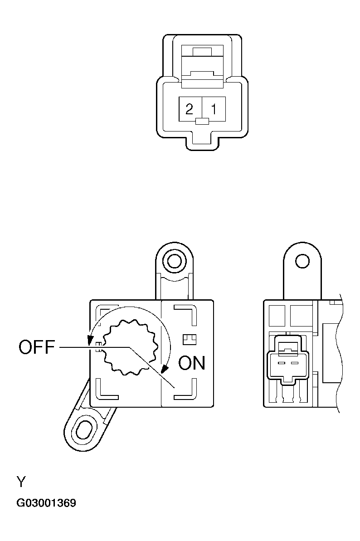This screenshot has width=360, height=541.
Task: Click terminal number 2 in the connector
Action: (x=190, y=109)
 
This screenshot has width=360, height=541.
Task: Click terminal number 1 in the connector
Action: (x=214, y=109)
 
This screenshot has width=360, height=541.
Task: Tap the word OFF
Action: (x=37, y=348)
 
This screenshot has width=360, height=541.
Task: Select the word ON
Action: (x=192, y=363)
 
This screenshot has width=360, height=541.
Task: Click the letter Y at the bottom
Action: (x=21, y=481)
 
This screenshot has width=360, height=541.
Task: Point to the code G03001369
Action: (x=46, y=503)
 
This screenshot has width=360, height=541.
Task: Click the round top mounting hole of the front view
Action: (x=173, y=261)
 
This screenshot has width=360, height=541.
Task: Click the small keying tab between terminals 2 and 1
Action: (x=201, y=121)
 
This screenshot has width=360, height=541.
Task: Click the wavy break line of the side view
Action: (x=337, y=354)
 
